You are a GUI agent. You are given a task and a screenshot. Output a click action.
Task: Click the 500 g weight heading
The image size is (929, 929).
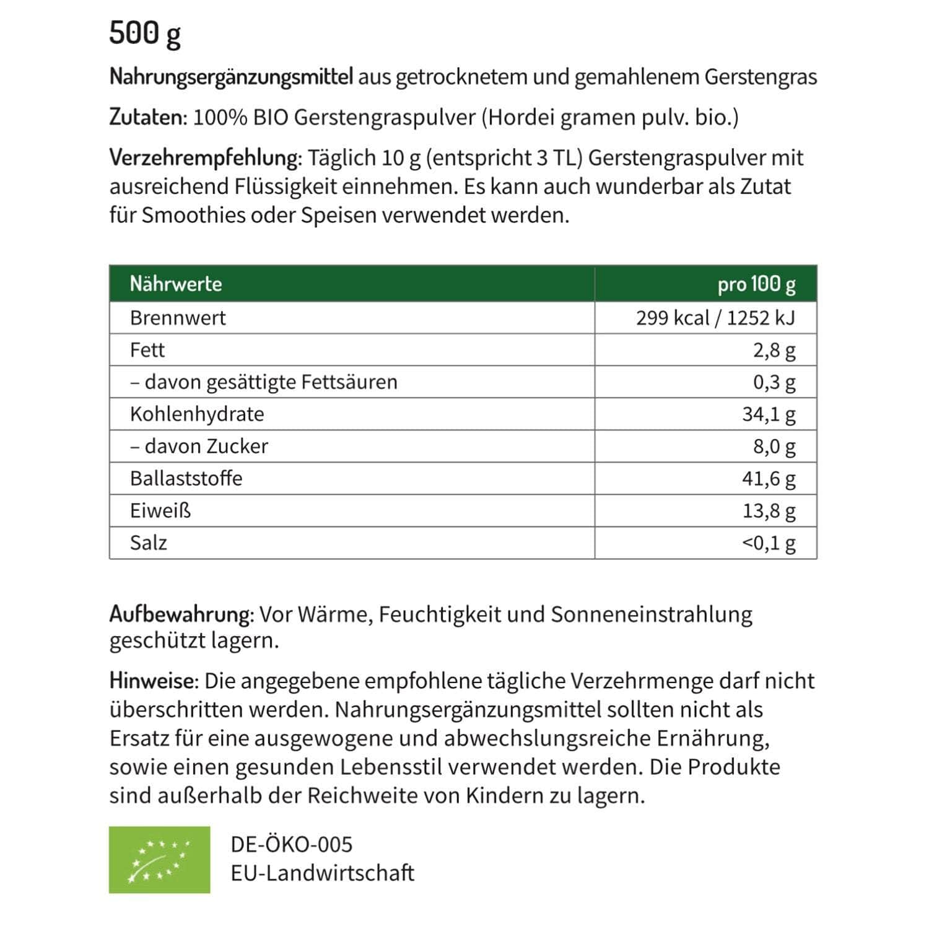pyautogui.click(x=145, y=33)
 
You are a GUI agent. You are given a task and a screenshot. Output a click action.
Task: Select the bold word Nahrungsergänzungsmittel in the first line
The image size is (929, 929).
pyautogui.click(x=231, y=77)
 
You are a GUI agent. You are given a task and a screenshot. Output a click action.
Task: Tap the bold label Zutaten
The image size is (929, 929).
pyautogui.click(x=147, y=117)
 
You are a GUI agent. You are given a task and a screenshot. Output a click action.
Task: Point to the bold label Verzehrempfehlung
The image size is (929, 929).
pyautogui.click(x=205, y=157)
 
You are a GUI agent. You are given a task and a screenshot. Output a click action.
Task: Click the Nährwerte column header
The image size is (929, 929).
pyautogui.click(x=176, y=284)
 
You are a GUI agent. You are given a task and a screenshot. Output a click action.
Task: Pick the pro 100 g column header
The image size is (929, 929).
pyautogui.click(x=756, y=284)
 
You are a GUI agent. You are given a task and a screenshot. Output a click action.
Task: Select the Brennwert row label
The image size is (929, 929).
pyautogui.click(x=178, y=318)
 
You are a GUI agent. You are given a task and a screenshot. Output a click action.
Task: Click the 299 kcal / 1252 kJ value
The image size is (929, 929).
pyautogui.click(x=715, y=318)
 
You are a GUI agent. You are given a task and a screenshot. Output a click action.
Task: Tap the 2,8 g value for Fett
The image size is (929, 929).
pyautogui.click(x=774, y=350)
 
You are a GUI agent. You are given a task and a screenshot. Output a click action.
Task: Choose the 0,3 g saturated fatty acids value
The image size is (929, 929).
pyautogui.click(x=774, y=382)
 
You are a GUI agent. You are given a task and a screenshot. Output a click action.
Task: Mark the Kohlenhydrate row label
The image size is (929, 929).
pyautogui.click(x=197, y=414)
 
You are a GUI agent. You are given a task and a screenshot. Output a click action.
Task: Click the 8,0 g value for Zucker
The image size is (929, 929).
pyautogui.click(x=774, y=446)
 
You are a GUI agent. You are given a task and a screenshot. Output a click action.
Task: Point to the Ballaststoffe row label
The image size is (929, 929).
pyautogui.click(x=186, y=478)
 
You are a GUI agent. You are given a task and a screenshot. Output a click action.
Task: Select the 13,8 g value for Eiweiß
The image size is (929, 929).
pyautogui.click(x=769, y=510)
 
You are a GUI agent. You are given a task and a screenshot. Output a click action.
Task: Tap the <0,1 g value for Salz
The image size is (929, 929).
pyautogui.click(x=769, y=543)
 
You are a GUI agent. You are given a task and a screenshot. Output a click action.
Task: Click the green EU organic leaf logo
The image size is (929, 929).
pyautogui.click(x=159, y=860)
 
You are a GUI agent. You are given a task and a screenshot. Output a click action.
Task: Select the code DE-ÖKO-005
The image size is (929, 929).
pyautogui.click(x=291, y=844)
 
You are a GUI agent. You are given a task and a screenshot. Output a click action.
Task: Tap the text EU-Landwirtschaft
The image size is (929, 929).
pyautogui.click(x=322, y=873)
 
